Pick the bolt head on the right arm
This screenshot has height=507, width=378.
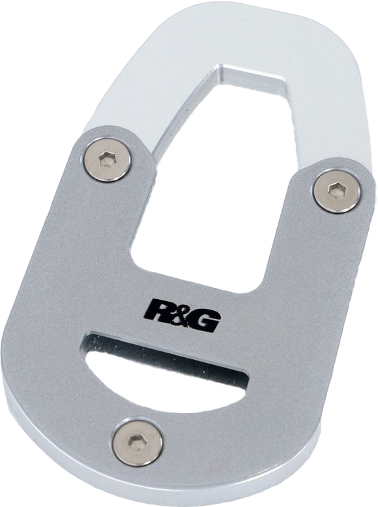tap(336, 190)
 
